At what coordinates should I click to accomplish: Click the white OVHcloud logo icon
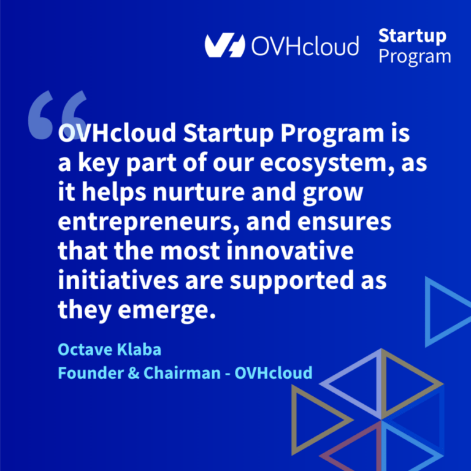(224, 45)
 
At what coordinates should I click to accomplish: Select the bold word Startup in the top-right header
(412, 36)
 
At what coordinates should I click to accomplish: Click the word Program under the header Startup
(415, 57)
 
